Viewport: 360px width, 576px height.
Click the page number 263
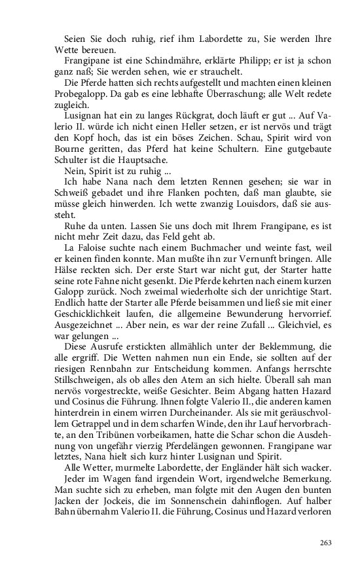click(326, 542)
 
